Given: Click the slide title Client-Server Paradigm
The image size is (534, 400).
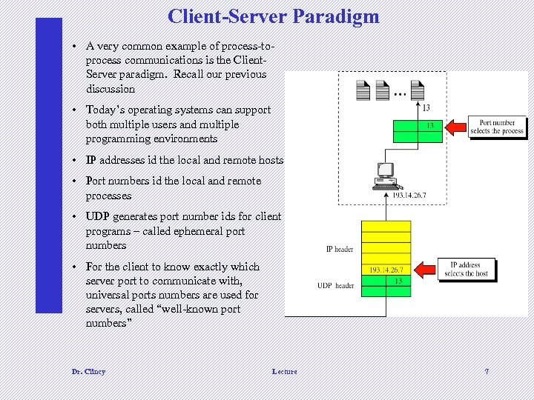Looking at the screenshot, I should click(x=273, y=16).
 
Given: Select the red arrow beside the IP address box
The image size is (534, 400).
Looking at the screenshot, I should click(x=427, y=269).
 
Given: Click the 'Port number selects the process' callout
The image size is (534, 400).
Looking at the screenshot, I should click(x=496, y=127).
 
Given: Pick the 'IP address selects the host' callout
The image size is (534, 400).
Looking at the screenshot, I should click(x=466, y=269).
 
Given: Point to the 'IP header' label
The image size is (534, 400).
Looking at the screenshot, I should click(x=340, y=249).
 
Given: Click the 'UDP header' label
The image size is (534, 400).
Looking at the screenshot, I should click(x=336, y=285).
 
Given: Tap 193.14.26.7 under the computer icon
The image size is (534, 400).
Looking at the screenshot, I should click(x=409, y=196).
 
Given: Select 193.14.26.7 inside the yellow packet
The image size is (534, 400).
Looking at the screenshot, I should click(x=386, y=270).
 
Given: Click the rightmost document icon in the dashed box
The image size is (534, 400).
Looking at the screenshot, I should click(x=416, y=90).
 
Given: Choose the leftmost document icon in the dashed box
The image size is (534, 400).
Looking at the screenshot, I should click(x=363, y=90).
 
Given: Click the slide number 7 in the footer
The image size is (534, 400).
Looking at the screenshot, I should click(x=487, y=371).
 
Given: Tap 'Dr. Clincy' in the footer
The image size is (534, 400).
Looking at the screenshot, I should click(x=88, y=371).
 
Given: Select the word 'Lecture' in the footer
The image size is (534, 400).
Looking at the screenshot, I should click(x=284, y=371).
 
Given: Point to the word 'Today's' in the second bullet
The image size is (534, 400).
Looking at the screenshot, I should click(x=105, y=110).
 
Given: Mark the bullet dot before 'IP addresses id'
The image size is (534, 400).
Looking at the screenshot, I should click(x=76, y=160).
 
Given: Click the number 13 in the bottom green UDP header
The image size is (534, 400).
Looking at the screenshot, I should click(x=398, y=281).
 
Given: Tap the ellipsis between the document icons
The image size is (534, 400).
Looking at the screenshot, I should click(x=400, y=95).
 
